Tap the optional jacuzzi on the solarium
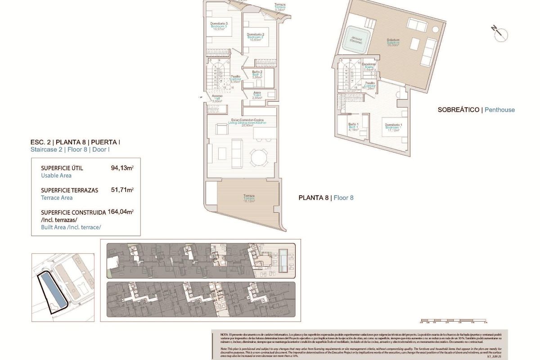click(356, 41)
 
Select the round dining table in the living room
click(259, 157)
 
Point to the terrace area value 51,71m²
click(122, 190)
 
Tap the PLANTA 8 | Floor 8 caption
click(326, 198)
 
